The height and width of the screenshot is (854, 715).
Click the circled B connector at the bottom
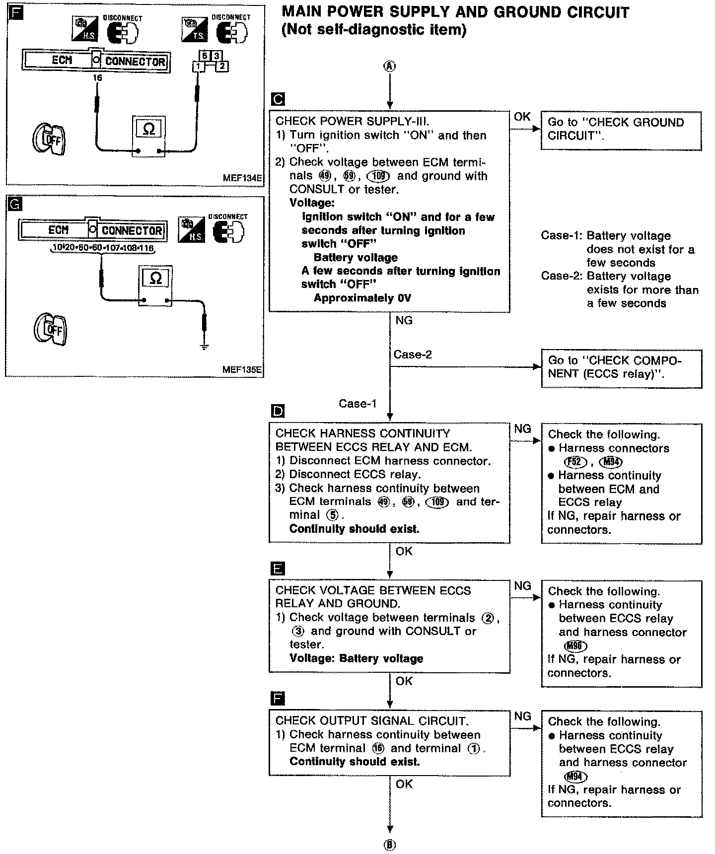coord(390,845)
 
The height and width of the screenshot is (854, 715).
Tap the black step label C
coord(279,99)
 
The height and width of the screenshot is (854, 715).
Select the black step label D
coord(278,411)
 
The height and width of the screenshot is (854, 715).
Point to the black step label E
coord(278,568)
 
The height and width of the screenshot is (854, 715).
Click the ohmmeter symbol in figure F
coord(148,129)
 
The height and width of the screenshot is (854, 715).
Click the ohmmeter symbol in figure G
coord(155,279)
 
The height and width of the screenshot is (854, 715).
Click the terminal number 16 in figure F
coord(97,77)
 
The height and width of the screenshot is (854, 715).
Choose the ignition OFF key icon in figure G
coord(50,328)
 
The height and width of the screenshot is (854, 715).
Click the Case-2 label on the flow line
coord(413,355)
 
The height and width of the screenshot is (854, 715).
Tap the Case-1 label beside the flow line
coord(357,404)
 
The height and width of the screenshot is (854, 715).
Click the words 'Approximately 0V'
coord(362,298)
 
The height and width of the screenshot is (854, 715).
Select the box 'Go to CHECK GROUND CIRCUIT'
coord(621,130)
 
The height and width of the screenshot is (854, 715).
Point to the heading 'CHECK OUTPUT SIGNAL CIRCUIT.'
coord(372,721)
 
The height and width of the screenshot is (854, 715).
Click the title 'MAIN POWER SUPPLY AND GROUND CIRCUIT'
coord(455,12)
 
